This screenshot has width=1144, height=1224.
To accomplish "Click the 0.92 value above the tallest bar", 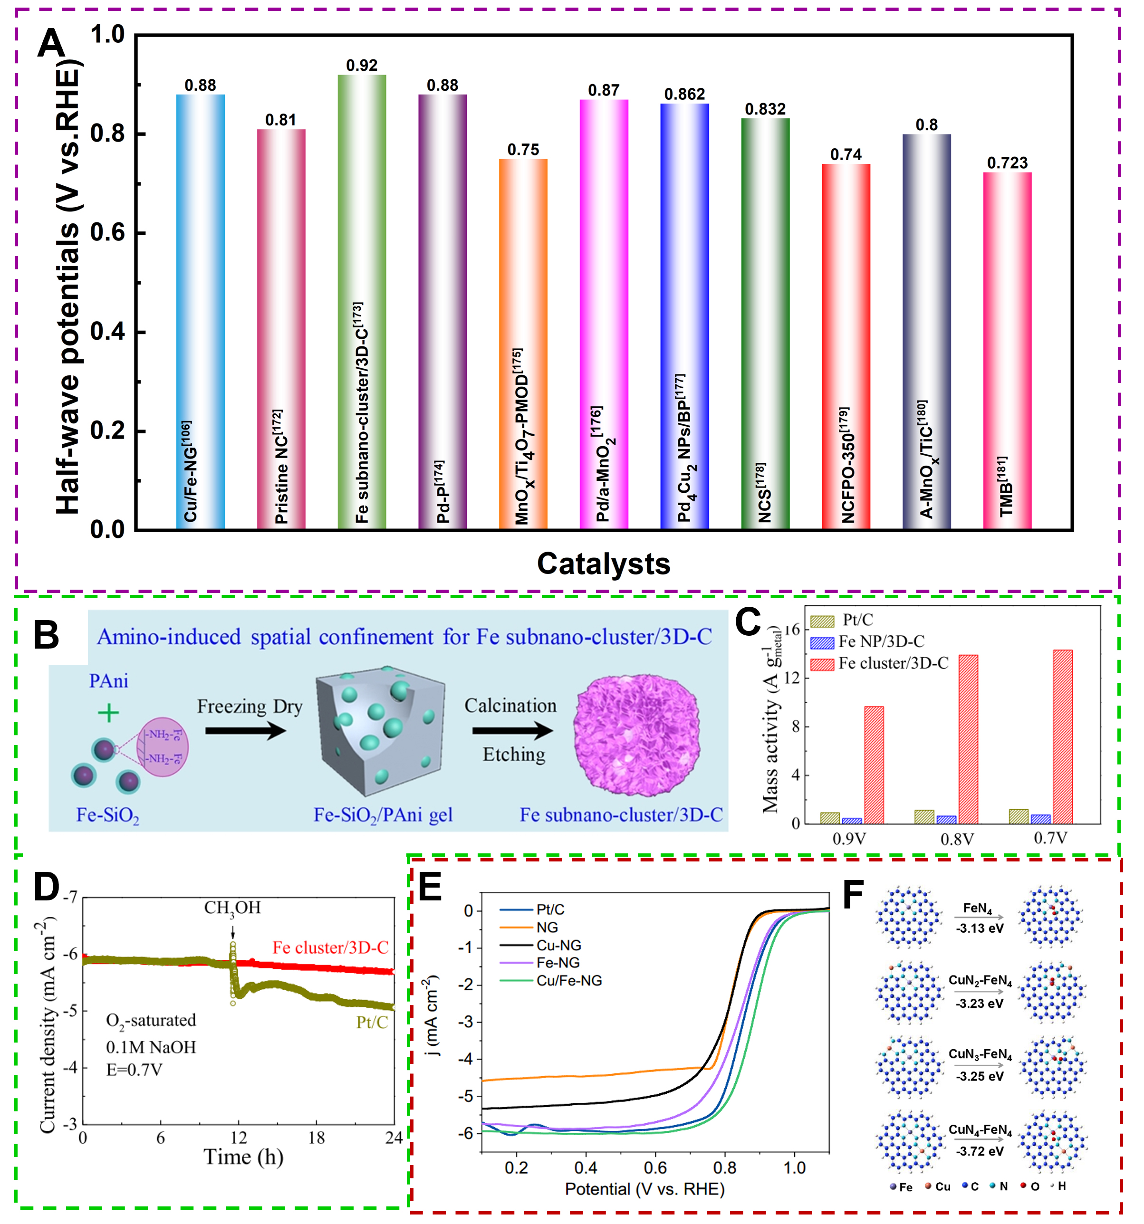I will [x=361, y=65].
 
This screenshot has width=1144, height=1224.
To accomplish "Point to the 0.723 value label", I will [x=1007, y=163].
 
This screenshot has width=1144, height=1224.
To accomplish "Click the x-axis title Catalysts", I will [x=604, y=564].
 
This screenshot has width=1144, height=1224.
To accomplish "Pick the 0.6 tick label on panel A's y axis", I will [x=108, y=233].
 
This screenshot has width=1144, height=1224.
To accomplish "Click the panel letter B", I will [x=46, y=635].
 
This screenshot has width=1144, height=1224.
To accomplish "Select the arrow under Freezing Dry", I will [x=246, y=731].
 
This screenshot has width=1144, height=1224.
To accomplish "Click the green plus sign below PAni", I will [x=108, y=713].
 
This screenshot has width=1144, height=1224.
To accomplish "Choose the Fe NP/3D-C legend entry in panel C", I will [x=881, y=642].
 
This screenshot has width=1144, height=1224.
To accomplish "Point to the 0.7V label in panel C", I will [x=1050, y=838].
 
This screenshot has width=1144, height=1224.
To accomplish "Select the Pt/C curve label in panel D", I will [x=372, y=1022].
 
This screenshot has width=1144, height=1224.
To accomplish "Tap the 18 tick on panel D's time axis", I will [x=316, y=1138].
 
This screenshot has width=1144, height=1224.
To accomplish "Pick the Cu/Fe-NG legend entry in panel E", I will [x=568, y=981].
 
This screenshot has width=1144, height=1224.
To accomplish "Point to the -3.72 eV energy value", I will [x=979, y=1151].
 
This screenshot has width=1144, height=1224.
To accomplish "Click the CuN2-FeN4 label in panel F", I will [x=980, y=980].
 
